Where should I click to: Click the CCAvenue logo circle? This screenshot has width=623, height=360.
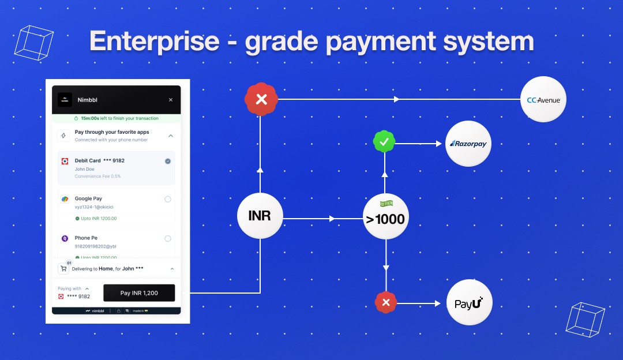(x=543, y=100)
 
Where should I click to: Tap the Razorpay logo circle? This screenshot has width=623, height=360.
(x=468, y=144)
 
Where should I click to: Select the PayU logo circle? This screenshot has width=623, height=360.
(x=470, y=303)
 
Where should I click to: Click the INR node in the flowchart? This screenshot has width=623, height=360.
(x=260, y=216)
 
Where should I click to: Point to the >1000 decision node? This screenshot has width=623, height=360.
(x=386, y=219)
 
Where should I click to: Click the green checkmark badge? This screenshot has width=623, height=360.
(x=384, y=141)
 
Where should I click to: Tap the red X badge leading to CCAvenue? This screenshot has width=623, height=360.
(x=261, y=100)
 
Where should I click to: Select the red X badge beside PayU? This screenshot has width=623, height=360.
(x=386, y=302)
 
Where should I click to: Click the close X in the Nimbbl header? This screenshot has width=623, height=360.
(x=171, y=100)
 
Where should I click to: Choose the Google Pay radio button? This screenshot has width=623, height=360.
(x=168, y=199)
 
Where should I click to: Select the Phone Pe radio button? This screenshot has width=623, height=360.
(x=168, y=238)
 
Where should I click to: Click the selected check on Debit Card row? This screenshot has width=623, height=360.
(x=168, y=161)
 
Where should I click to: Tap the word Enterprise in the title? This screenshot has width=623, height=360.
(x=155, y=42)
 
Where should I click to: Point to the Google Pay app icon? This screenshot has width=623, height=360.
(x=65, y=199)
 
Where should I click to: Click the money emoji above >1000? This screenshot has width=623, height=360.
(x=386, y=204)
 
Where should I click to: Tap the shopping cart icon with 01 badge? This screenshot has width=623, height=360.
(x=63, y=268)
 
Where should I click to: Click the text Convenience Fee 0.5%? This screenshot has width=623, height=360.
(x=98, y=177)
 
